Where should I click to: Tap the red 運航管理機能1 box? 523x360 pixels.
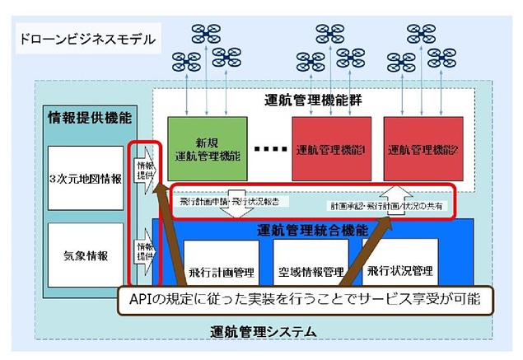click(x=332, y=149)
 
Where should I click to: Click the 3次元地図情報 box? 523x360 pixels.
click(x=85, y=179)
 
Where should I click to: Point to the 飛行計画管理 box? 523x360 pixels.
click(x=219, y=271)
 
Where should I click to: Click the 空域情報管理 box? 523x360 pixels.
click(x=311, y=271)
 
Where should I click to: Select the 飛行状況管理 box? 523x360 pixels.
click(x=401, y=271)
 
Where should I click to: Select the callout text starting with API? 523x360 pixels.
click(x=304, y=298)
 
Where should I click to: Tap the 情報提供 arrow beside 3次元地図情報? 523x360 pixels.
click(x=145, y=166)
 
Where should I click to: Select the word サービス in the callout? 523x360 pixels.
click(x=385, y=298)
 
